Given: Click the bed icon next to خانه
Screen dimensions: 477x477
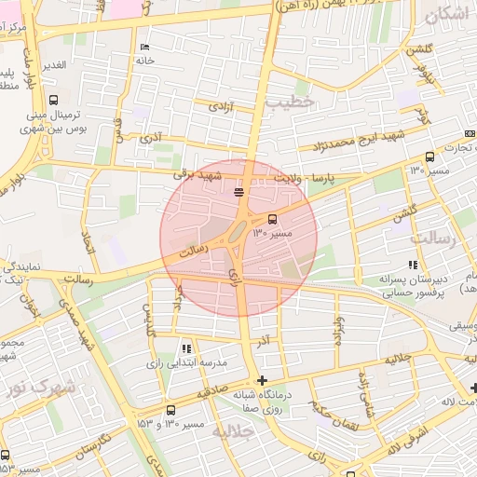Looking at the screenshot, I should (144, 48).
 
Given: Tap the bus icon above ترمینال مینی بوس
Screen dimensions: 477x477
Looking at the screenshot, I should (53, 100).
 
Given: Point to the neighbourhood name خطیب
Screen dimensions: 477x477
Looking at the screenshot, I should (285, 104).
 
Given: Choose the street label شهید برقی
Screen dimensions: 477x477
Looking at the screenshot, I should (198, 174).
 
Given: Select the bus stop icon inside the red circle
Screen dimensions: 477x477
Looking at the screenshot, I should (272, 221).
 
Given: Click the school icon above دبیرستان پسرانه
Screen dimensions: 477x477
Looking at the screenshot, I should (413, 265).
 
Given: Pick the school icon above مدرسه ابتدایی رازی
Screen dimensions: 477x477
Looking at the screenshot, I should (187, 348).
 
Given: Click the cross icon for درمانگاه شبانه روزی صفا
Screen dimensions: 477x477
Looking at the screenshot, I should (263, 380).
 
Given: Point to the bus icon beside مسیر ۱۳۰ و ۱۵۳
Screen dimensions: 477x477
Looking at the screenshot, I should (170, 410).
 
